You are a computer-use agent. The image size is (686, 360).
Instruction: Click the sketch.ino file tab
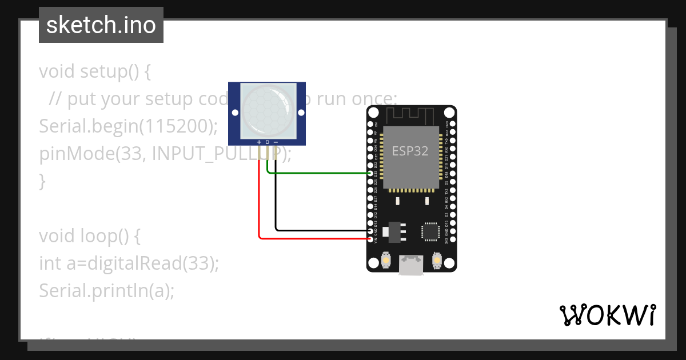pos(101,25)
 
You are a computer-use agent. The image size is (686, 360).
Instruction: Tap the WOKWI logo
pos(607,315)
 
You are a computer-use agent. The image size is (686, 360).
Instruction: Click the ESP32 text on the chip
pos(410,151)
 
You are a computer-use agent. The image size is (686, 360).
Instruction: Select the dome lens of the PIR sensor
pos(267,109)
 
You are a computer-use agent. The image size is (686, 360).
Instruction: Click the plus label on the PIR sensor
pos(259,142)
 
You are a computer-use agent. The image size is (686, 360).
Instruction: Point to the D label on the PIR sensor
pos(267,142)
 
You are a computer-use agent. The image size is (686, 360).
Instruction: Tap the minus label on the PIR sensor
pos(276,142)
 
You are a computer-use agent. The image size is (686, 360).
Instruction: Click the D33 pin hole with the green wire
pos(370,173)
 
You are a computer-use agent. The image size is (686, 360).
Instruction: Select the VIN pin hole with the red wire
pos(370,239)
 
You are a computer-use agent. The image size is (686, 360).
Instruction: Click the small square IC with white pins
pos(430,231)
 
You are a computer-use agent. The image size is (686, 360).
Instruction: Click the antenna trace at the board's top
pos(411,115)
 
